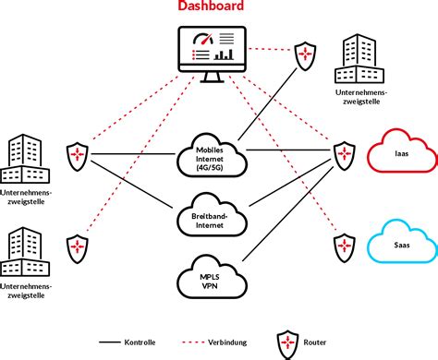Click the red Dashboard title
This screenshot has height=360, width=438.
(211, 8)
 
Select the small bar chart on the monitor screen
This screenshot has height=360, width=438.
(223, 54)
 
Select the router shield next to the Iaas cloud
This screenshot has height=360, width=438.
(344, 153)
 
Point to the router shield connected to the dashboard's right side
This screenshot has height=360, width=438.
(304, 56)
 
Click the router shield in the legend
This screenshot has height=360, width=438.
(286, 341)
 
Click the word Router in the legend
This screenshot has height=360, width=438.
(315, 342)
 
